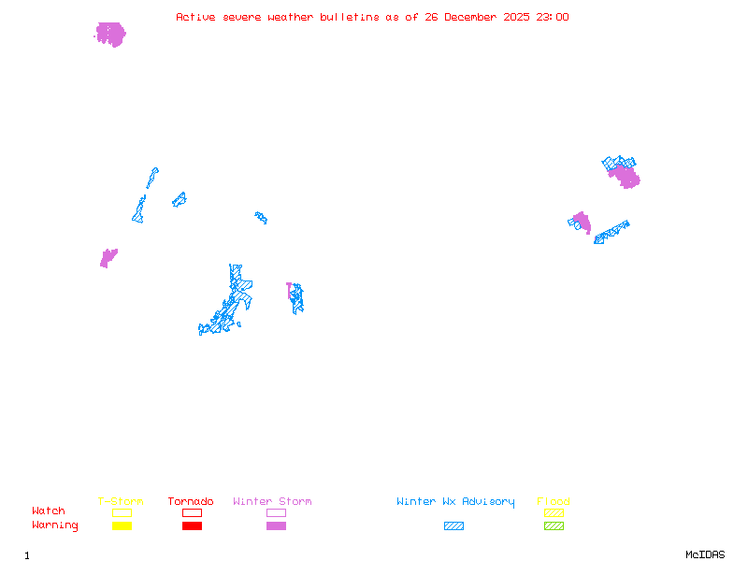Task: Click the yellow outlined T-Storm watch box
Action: point(122,512)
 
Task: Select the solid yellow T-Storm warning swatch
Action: point(122,525)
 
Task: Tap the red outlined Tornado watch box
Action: point(192,512)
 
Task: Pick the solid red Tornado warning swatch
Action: point(192,525)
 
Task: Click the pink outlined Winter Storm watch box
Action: point(276,512)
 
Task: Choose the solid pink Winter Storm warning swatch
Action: point(276,525)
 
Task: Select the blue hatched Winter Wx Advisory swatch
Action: point(453,525)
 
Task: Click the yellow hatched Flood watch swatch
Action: point(554,512)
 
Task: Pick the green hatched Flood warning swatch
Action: point(554,525)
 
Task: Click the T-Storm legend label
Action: point(121,501)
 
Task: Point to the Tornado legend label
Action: point(191,501)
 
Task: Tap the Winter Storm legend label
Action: point(272,501)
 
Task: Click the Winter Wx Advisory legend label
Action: point(455,501)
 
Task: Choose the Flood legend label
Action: point(554,501)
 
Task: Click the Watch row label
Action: point(49,511)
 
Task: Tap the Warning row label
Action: point(55,525)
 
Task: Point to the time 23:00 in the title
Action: point(553,17)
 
